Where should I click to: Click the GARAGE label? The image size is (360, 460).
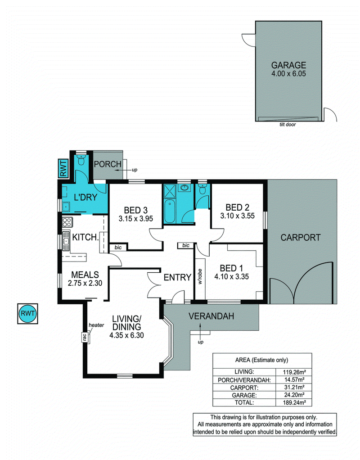tap(288, 65)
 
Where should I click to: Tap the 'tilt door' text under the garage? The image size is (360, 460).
tap(288, 124)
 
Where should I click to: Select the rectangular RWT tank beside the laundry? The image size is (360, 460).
tap(63, 168)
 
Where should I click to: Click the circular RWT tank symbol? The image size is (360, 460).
tap(27, 313)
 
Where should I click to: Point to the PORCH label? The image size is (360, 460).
tap(108, 164)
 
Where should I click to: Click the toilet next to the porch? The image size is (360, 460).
tap(81, 160)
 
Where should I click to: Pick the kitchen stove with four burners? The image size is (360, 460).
tap(67, 221)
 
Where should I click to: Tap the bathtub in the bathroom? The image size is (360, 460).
tap(169, 211)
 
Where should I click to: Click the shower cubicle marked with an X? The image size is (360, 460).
tap(169, 191)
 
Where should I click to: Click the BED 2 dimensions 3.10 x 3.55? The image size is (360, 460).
tap(237, 216)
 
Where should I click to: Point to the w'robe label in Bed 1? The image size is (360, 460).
tap(200, 276)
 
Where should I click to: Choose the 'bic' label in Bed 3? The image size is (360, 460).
tap(118, 247)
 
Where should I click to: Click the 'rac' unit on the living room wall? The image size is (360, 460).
tap(85, 338)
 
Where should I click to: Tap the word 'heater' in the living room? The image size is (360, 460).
tap(96, 325)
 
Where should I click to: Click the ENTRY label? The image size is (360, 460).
tap(177, 277)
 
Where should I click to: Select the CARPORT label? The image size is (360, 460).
tap(301, 237)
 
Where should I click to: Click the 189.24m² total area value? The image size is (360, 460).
tap(293, 402)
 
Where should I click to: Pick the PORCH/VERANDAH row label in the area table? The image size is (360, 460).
tap(244, 380)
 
